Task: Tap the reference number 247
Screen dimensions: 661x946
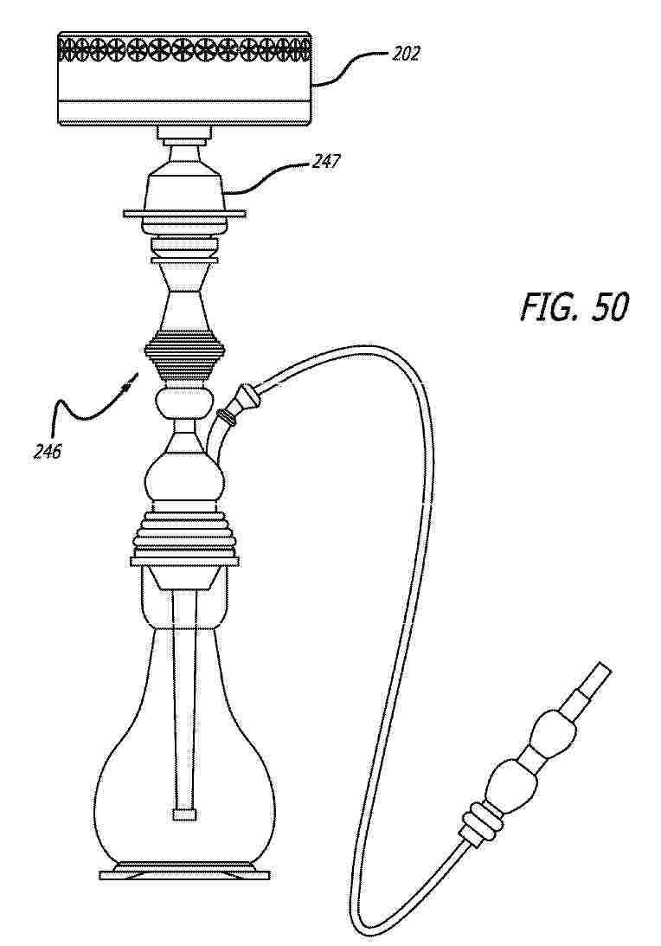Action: click(x=325, y=162)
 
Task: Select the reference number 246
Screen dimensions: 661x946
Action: click(x=47, y=451)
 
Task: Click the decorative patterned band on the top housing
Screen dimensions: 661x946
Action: click(x=184, y=48)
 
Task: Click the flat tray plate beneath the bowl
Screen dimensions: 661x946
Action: click(x=184, y=214)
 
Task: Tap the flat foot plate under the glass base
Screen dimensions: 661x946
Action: click(x=184, y=873)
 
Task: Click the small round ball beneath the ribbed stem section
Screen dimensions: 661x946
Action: click(x=184, y=402)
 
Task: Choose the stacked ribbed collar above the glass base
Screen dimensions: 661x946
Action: click(x=184, y=535)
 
